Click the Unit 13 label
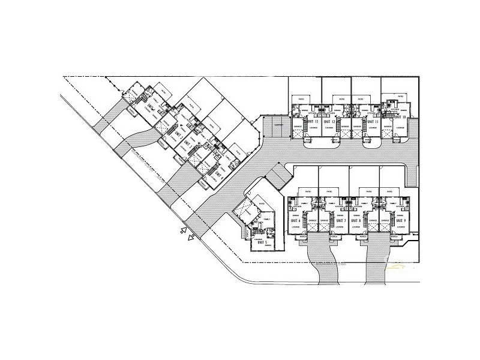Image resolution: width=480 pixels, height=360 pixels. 312,122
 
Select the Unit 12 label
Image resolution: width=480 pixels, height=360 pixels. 329,122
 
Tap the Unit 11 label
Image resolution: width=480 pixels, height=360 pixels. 373,122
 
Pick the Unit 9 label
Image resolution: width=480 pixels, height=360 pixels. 401,221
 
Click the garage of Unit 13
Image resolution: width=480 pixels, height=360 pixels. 297,127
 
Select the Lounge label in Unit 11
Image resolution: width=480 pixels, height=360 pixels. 373,128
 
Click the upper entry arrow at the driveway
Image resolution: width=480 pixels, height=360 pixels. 181,229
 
